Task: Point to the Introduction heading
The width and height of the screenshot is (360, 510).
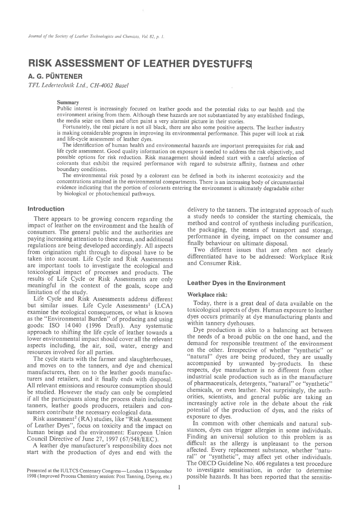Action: (46, 209)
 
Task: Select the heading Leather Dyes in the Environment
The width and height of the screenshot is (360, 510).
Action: (236, 283)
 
